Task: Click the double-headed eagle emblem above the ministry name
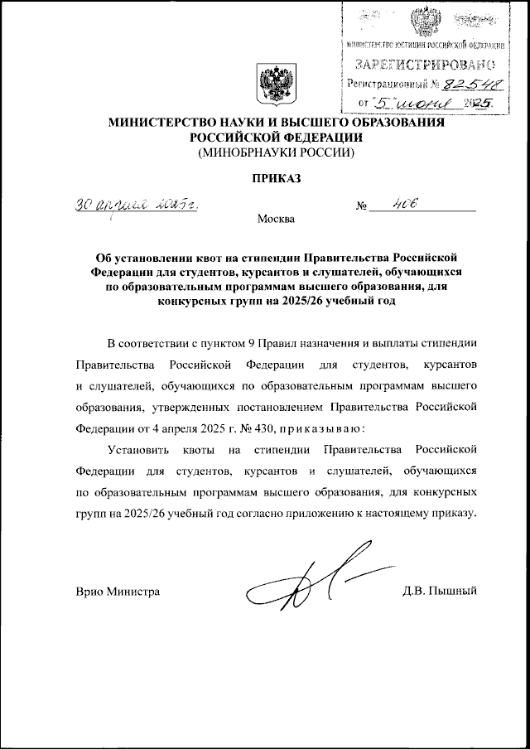pyautogui.click(x=272, y=83)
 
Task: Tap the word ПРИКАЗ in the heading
pyautogui.click(x=273, y=177)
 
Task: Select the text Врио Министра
pyautogui.click(x=117, y=592)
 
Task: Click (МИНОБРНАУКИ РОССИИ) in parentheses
pyautogui.click(x=274, y=152)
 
